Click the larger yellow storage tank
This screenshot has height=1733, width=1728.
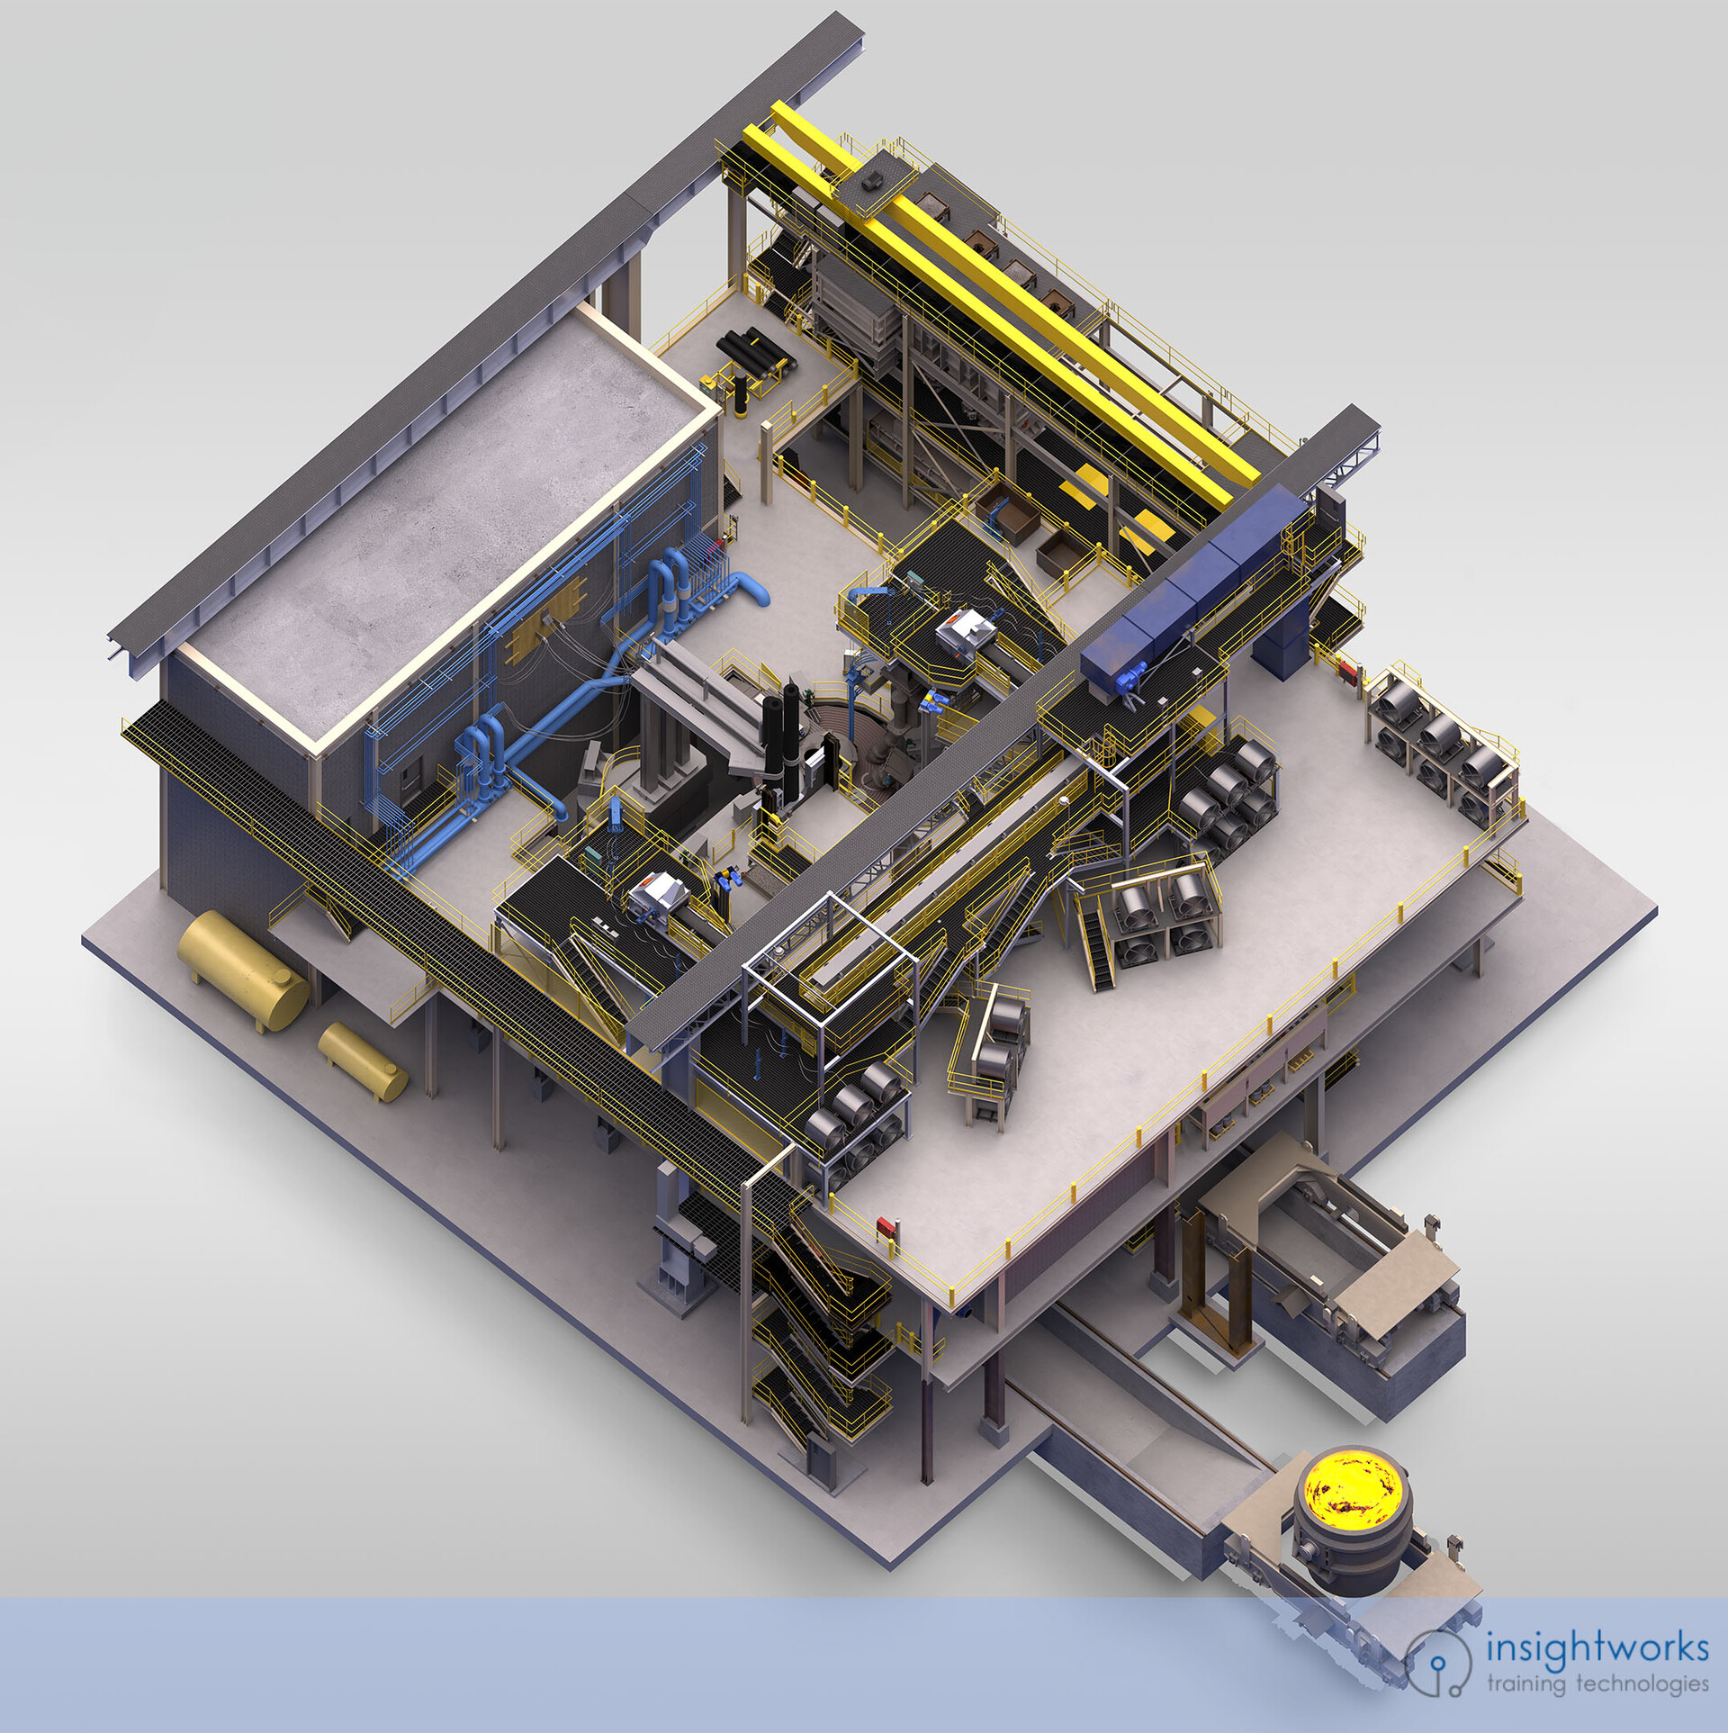[242, 970]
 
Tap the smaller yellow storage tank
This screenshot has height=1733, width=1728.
[363, 1061]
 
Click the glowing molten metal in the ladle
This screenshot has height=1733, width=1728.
[1353, 1486]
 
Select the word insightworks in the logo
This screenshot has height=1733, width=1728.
[1597, 1647]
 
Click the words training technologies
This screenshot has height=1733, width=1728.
[1597, 1683]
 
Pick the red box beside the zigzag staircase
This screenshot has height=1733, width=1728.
[886, 1225]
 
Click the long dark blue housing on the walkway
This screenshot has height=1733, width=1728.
[1197, 585]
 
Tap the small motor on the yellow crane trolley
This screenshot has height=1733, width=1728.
[871, 181]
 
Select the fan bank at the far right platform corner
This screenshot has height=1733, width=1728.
[1440, 747]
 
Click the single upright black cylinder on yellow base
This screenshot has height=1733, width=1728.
[741, 395]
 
